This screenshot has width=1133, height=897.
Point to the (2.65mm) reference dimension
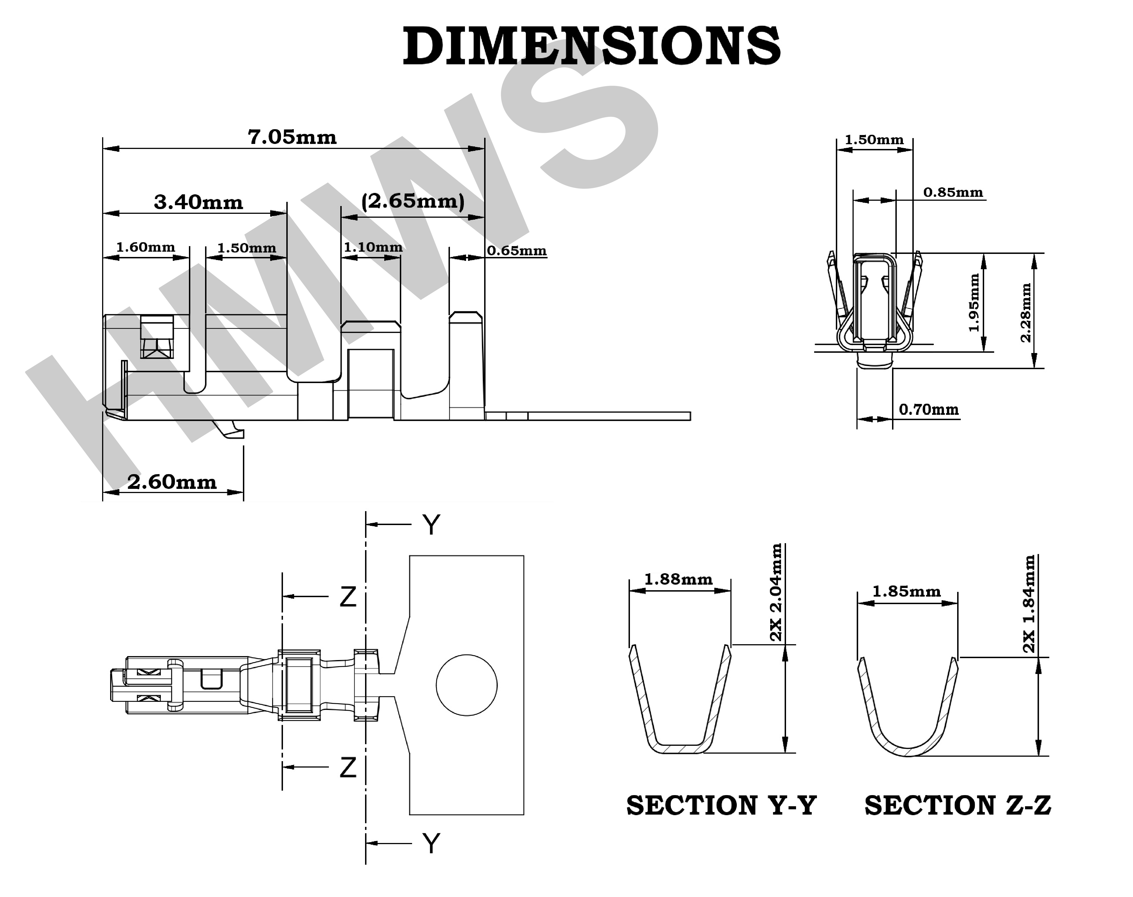(x=413, y=201)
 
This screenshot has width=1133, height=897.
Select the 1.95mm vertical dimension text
(x=974, y=303)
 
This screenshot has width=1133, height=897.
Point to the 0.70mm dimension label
(x=928, y=409)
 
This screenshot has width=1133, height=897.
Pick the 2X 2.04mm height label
(x=776, y=592)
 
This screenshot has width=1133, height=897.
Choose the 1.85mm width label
(x=906, y=592)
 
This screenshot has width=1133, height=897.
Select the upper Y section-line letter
(x=431, y=525)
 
